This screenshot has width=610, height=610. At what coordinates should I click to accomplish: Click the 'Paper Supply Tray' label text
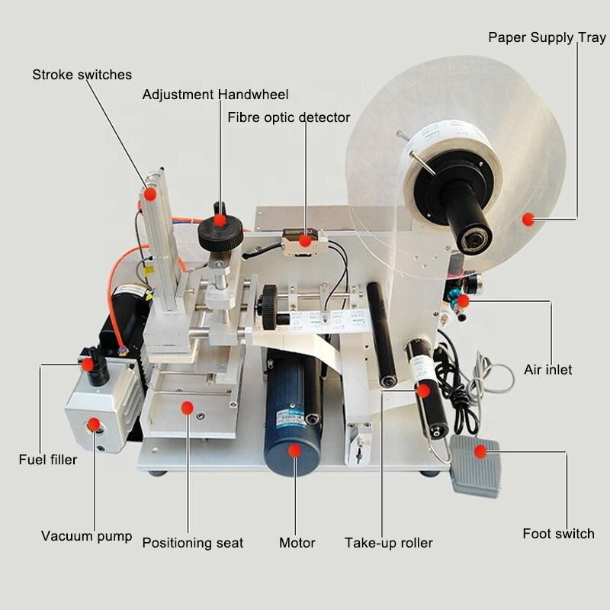click(x=547, y=37)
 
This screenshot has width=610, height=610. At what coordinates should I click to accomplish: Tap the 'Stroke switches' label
click(x=82, y=75)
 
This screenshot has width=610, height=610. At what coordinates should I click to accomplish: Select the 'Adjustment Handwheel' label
click(x=215, y=95)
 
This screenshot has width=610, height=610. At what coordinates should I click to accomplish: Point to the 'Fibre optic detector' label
click(x=288, y=117)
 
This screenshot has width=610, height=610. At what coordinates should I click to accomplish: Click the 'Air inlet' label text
click(x=547, y=370)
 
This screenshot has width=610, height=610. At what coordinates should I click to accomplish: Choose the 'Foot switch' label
click(x=558, y=534)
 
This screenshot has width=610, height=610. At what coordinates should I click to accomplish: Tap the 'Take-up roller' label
click(x=388, y=543)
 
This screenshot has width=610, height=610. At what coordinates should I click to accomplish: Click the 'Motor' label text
click(x=297, y=543)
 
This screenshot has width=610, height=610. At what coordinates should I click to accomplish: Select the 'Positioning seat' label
click(x=193, y=543)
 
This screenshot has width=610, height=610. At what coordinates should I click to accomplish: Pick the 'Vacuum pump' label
click(x=86, y=536)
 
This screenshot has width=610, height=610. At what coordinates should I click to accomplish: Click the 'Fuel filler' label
click(x=47, y=460)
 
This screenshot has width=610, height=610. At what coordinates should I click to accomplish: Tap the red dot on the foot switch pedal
click(x=480, y=451)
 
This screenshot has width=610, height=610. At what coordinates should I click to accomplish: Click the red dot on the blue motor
click(x=294, y=450)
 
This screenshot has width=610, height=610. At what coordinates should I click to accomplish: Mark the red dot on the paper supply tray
click(x=526, y=220)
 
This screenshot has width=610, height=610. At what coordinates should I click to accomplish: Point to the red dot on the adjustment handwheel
click(x=220, y=220)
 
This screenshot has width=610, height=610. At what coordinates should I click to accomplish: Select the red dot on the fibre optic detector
click(x=305, y=241)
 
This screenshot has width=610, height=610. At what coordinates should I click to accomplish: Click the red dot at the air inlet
click(x=463, y=301)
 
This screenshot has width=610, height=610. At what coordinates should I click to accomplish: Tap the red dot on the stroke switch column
click(x=150, y=194)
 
